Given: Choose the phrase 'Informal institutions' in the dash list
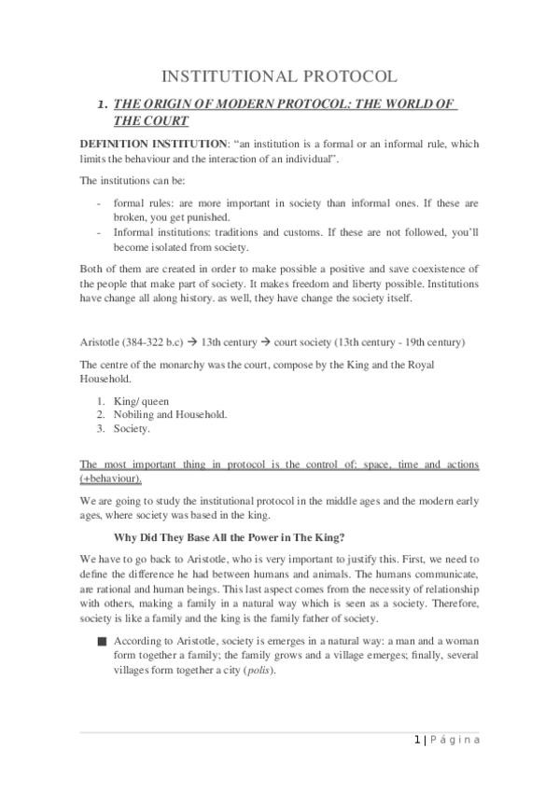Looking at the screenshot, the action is pyautogui.click(x=164, y=233).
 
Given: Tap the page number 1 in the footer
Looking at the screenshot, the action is pyautogui.click(x=415, y=740).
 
